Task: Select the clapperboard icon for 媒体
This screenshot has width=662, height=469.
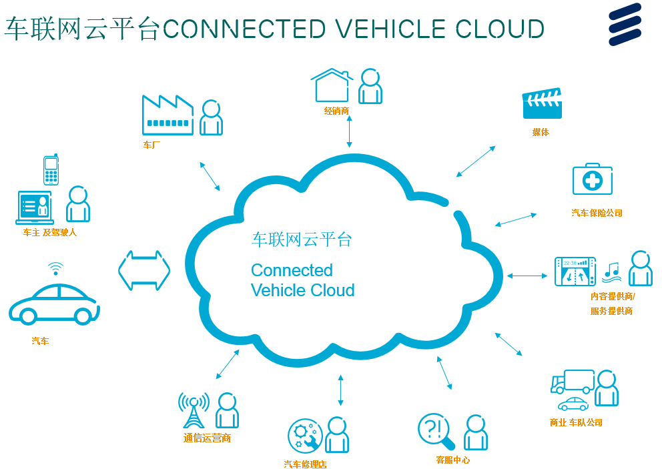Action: coord(542,103)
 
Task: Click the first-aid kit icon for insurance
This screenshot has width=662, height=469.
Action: coord(593,179)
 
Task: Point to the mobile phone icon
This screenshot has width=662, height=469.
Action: coord(51,169)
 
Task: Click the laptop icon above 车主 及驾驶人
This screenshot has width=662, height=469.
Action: coord(35,207)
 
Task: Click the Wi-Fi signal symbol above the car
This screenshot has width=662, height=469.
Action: coord(55,268)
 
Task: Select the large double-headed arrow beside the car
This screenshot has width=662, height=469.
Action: coord(144,271)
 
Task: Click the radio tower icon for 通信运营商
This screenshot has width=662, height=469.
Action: coord(194,410)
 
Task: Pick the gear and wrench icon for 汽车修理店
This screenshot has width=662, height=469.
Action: coord(305,436)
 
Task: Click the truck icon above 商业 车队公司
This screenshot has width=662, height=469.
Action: coord(573,382)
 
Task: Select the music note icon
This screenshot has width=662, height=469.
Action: coord(612,272)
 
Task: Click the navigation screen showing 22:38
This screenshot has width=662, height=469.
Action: coord(575,272)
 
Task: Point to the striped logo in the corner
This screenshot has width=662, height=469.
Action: coord(625,24)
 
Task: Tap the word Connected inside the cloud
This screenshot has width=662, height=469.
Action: coord(292,270)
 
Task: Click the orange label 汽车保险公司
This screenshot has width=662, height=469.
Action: coord(597,213)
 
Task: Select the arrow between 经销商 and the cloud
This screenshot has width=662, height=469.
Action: coord(349,131)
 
